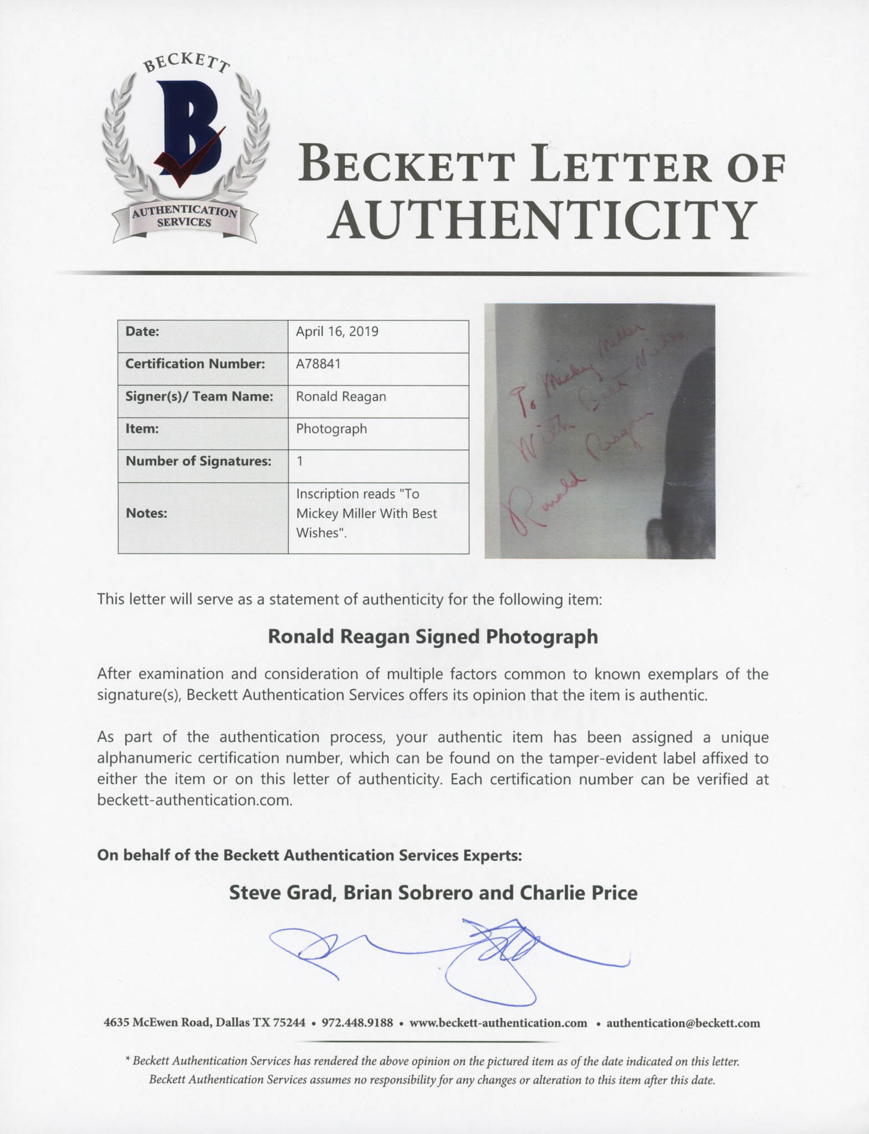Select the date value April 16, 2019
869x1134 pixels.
[337, 332]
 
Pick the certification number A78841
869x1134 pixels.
[318, 364]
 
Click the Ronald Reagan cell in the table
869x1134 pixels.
[341, 396]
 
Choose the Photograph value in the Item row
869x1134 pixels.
[331, 429]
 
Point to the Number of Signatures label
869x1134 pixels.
[198, 461]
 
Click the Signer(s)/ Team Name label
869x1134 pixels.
[199, 396]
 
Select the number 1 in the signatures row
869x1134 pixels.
[300, 461]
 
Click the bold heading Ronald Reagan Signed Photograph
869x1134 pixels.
[433, 637]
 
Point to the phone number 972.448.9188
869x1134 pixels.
[357, 1023]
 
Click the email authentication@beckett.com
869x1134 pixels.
[683, 1023]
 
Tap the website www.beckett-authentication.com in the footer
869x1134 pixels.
[498, 1023]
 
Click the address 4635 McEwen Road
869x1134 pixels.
[156, 1023]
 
